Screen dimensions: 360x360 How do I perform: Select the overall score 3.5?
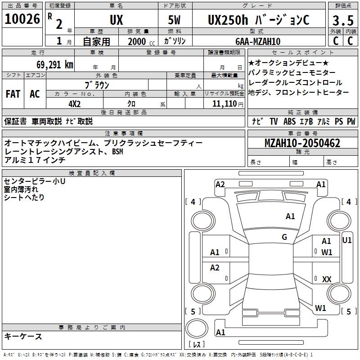pos(342,21)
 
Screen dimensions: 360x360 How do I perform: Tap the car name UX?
pos(116,20)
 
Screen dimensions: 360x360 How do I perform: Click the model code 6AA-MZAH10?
pos(258,41)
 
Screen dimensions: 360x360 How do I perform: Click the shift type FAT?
pos(13,94)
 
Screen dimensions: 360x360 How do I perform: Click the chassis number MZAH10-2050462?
pos(302,144)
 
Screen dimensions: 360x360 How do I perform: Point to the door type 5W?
pos(175,20)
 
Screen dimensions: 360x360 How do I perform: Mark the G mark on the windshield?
pos(284,237)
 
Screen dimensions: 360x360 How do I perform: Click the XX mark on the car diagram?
pos(327,279)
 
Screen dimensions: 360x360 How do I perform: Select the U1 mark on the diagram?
pos(347,240)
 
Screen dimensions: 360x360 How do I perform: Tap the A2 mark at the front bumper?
pos(220,184)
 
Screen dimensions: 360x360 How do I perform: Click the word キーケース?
pos(23,336)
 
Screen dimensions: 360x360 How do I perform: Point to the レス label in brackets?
pos(197,345)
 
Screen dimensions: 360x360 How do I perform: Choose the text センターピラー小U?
pos(34,181)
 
